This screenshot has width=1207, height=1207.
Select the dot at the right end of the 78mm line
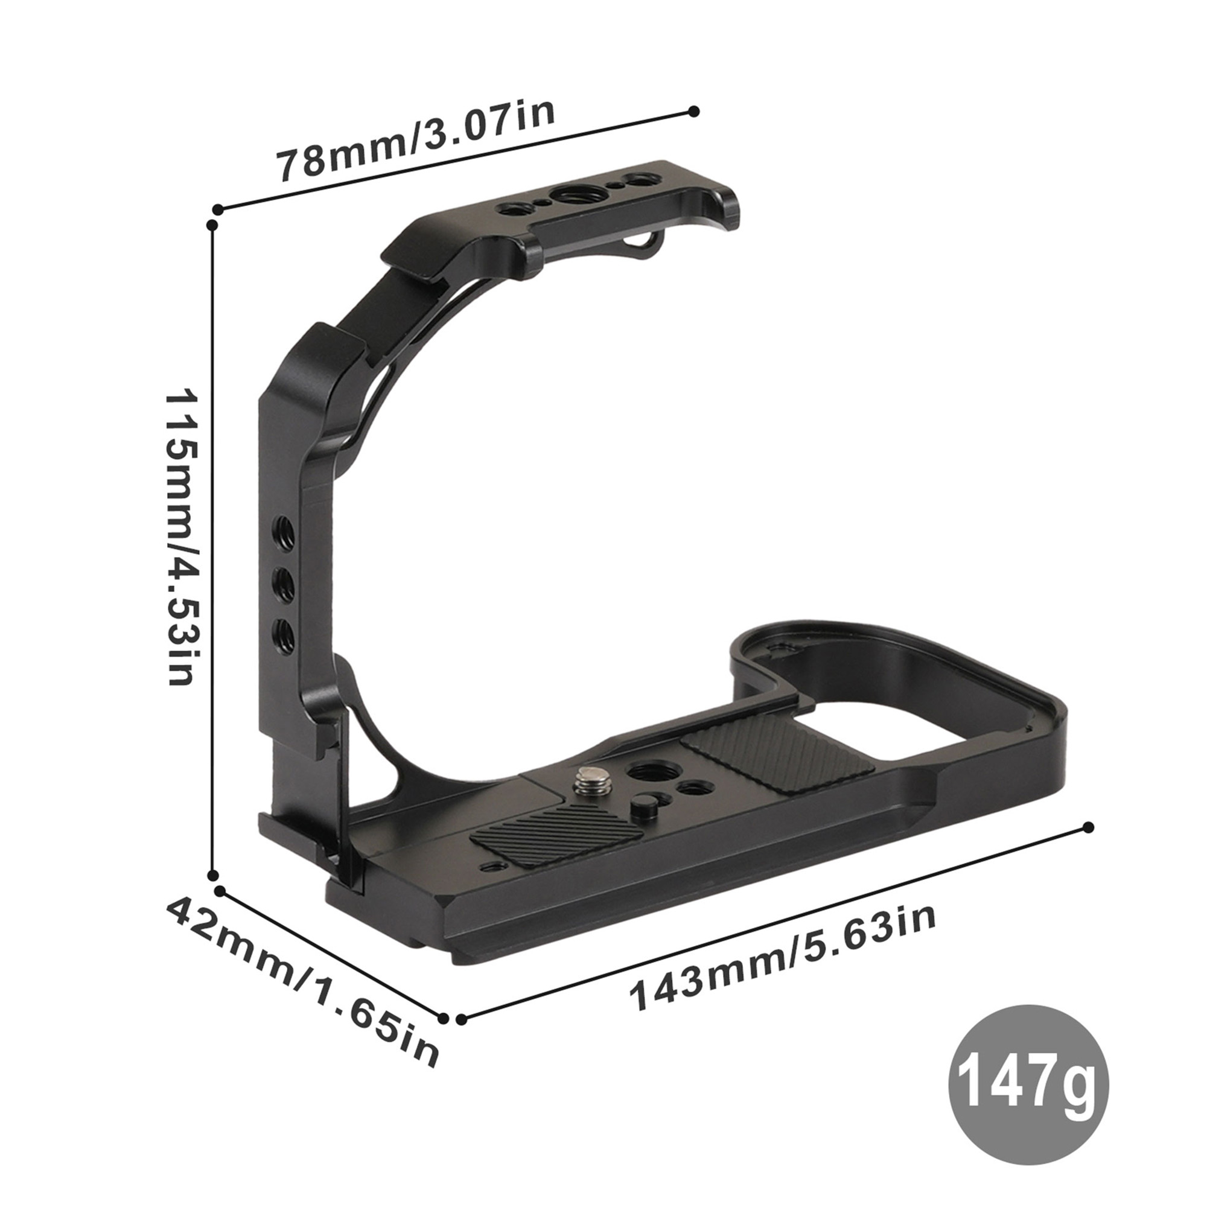pos(693,111)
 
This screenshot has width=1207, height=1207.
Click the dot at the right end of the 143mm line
pos(1089,827)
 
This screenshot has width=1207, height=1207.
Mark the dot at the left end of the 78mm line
pos(218,209)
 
